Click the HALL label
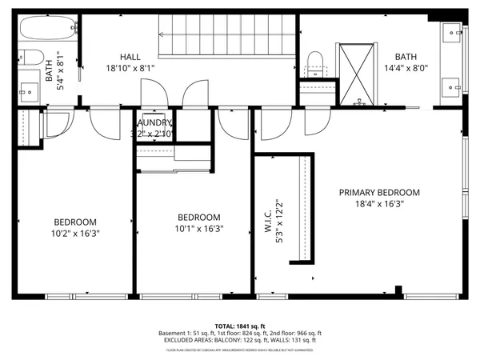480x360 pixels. (x=130, y=57)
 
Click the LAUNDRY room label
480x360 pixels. (x=154, y=122)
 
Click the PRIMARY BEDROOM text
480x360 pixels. (x=378, y=192)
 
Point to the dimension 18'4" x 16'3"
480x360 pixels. (x=378, y=204)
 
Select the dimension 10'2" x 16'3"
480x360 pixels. (x=75, y=234)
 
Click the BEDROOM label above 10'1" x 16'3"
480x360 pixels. (x=198, y=217)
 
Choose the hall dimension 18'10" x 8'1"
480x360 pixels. (x=130, y=68)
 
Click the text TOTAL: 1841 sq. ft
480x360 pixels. (x=240, y=326)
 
